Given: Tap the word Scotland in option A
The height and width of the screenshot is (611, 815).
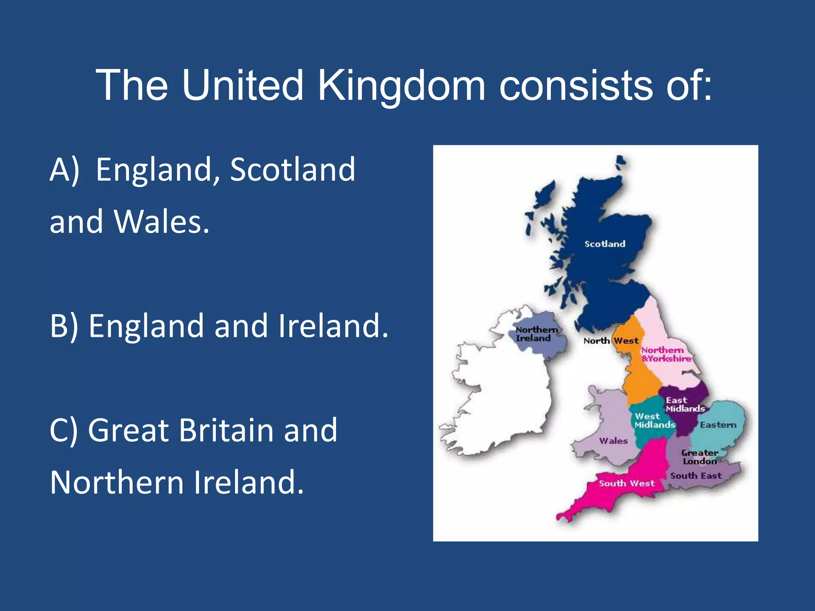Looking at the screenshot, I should pyautogui.click(x=292, y=170).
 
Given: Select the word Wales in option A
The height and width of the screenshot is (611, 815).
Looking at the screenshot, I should pyautogui.click(x=161, y=222).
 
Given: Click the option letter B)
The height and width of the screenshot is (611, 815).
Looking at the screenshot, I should pyautogui.click(x=64, y=326).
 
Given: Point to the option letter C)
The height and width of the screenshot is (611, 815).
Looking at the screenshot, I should pyautogui.click(x=64, y=430).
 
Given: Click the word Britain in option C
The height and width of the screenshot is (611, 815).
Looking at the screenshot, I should pyautogui.click(x=226, y=430).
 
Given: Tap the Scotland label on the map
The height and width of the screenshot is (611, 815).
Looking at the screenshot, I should pyautogui.click(x=604, y=244).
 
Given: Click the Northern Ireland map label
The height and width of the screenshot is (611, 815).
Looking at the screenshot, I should pyautogui.click(x=535, y=334).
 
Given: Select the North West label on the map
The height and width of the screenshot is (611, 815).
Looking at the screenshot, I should pyautogui.click(x=611, y=341).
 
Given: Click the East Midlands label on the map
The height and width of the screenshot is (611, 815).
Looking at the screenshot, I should pyautogui.click(x=684, y=405).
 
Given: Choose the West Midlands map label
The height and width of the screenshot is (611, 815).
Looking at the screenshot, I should pyautogui.click(x=654, y=421).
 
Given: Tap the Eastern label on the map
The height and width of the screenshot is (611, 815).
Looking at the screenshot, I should pyautogui.click(x=718, y=425).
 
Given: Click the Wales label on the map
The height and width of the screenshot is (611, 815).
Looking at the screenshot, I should pyautogui.click(x=613, y=441).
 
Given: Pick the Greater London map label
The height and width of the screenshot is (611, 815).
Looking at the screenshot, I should pyautogui.click(x=700, y=457).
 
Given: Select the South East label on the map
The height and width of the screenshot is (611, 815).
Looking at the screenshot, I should pyautogui.click(x=696, y=476).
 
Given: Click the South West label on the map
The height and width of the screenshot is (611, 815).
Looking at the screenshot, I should pyautogui.click(x=626, y=483).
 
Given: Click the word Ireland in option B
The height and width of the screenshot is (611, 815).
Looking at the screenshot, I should pyautogui.click(x=333, y=326).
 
